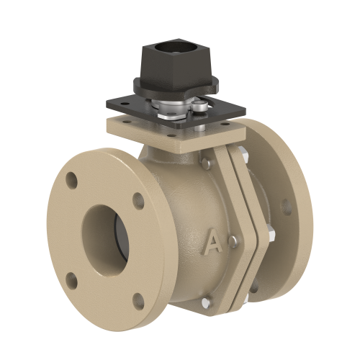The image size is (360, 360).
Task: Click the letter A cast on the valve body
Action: point(214,242)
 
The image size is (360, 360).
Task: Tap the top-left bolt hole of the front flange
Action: point(72,180)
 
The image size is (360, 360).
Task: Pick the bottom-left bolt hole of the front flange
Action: point(71,280)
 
